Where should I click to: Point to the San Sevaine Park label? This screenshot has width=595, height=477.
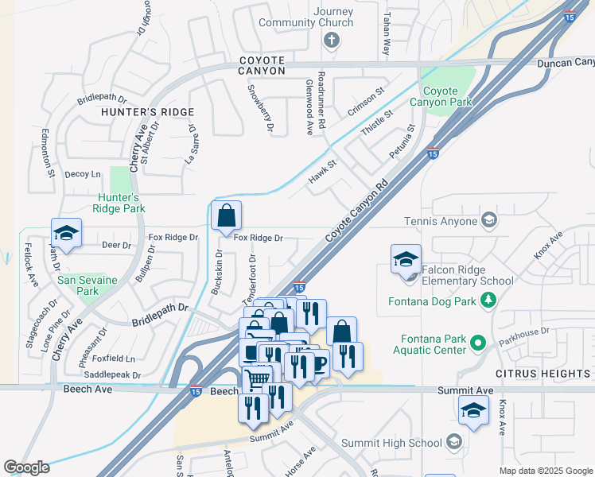[87, 285]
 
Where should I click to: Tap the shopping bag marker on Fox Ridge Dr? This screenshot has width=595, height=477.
[226, 216]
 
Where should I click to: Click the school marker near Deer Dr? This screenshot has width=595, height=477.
[66, 235]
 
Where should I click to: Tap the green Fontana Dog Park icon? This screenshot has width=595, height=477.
[488, 301]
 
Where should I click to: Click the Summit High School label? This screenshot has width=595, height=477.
[391, 443]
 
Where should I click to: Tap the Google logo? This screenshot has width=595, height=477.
[26, 467]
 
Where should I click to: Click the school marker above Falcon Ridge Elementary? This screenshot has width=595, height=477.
[406, 259]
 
